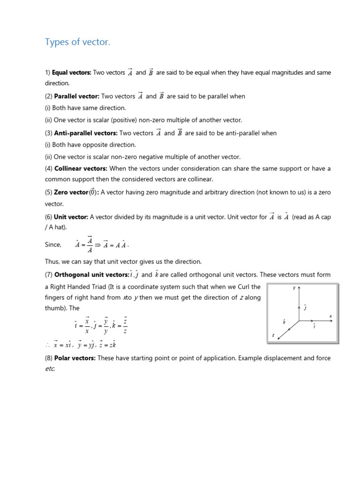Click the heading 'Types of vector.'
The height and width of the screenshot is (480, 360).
(x=77, y=42)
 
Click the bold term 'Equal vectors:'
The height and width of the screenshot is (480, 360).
(x=71, y=73)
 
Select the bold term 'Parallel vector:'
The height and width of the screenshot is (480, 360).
(x=77, y=97)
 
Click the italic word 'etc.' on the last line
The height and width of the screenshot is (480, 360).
(x=50, y=369)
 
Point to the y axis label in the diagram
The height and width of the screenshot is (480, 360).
(x=294, y=288)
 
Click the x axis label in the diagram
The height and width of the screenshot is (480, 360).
(x=330, y=316)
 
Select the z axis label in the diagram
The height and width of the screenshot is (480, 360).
(x=273, y=335)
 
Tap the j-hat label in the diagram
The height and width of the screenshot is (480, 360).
(x=305, y=307)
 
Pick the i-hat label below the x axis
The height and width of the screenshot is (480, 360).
(x=314, y=326)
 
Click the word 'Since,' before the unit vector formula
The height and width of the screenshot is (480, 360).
(x=53, y=245)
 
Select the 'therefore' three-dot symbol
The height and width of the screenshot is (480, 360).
(x=47, y=345)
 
